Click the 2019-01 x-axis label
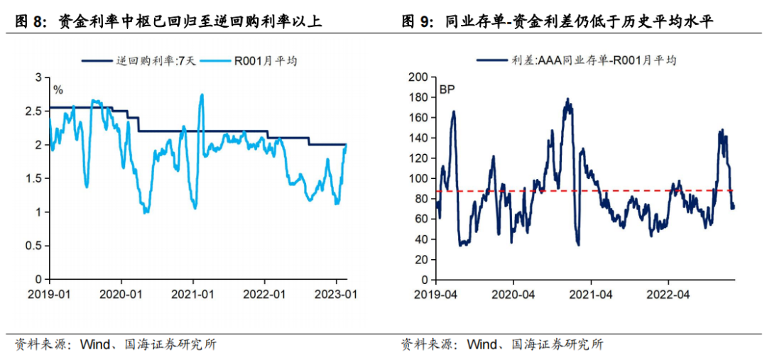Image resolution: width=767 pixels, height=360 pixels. [48, 293]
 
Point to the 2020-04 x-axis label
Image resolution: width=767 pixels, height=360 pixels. [513, 293]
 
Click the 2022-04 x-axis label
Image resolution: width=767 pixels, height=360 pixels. [670, 293]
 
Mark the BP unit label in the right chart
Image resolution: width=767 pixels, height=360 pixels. [447, 90]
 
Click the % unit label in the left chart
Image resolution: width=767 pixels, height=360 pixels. [58, 90]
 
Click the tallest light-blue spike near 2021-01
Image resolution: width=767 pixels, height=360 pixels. [202, 94]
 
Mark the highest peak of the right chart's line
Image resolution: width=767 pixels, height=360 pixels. [567, 99]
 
